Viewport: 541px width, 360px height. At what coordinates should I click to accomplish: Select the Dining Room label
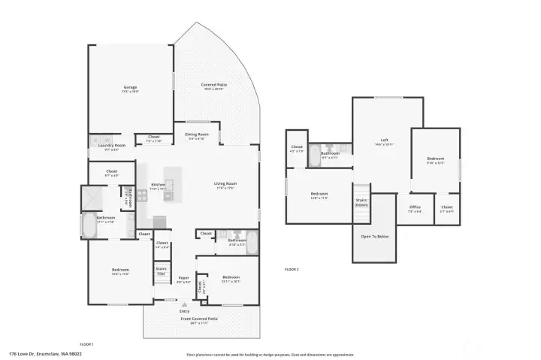[x=197, y=136]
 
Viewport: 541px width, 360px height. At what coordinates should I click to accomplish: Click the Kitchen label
[x=158, y=186]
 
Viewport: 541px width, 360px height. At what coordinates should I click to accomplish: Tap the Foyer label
[x=183, y=280]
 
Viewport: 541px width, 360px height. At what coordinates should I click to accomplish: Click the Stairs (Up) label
[x=161, y=271]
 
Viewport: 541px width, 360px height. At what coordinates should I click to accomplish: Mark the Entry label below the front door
[x=184, y=311]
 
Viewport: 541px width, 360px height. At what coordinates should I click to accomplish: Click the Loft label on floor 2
[x=383, y=141]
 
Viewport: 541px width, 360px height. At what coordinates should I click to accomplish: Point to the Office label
[x=415, y=208]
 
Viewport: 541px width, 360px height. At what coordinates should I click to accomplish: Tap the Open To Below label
[x=373, y=236]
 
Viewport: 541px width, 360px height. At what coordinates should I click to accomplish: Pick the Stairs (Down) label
[x=361, y=203]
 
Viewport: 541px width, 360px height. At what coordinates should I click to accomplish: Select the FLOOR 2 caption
[x=292, y=269]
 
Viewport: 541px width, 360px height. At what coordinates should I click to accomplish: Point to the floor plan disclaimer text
[x=270, y=355]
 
